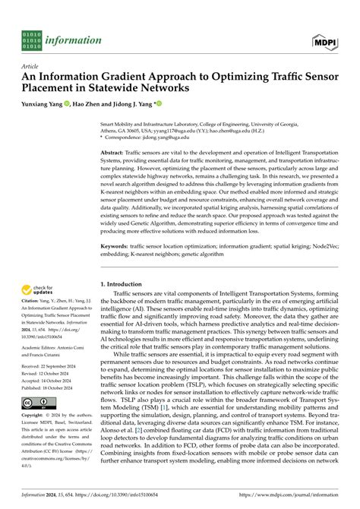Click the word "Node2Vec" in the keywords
[x=329, y=226]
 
